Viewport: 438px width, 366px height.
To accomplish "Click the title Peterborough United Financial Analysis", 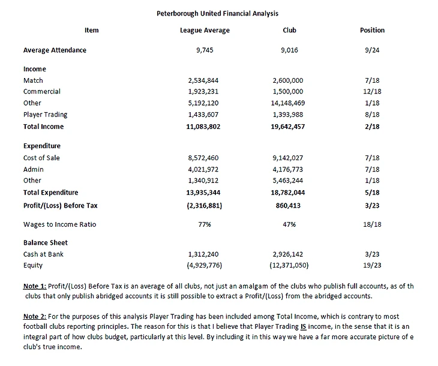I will tap(217, 13).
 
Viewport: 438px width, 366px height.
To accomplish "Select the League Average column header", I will tap(205, 30).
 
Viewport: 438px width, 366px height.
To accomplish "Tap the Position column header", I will tap(372, 30).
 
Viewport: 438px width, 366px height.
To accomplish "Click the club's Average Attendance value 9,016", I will tap(289, 50).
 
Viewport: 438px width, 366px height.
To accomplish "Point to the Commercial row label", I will tap(42, 92).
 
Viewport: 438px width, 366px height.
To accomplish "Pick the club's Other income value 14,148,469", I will tap(289, 103).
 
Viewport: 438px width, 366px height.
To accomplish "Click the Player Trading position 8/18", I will tap(372, 115).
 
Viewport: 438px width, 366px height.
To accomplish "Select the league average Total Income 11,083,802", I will tap(205, 127).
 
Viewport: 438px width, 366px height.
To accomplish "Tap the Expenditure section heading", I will tap(42, 146).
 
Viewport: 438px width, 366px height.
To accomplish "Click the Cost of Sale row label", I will tap(41, 158).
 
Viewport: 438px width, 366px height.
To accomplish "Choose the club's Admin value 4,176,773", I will tap(289, 169).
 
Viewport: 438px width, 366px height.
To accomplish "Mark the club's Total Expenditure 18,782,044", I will tap(289, 193).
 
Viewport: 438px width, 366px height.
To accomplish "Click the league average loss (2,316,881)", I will tap(205, 206).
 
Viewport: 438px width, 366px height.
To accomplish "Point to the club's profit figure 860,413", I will tap(289, 206).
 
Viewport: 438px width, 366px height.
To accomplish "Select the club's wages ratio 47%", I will tap(289, 224).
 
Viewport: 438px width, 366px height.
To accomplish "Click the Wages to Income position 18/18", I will tap(372, 224).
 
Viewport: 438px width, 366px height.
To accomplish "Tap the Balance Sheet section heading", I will tap(45, 243).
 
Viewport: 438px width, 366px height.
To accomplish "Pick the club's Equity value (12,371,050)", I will tap(289, 265).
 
